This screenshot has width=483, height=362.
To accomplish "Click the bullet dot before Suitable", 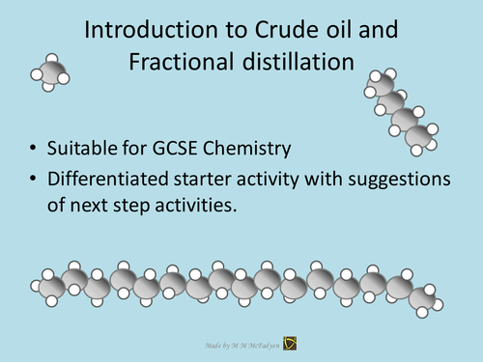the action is (x=35, y=149).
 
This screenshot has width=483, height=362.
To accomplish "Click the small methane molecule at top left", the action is (x=53, y=73).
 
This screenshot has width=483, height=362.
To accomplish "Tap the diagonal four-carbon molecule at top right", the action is (x=399, y=108).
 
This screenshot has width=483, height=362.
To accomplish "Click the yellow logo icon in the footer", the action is (x=290, y=344).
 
